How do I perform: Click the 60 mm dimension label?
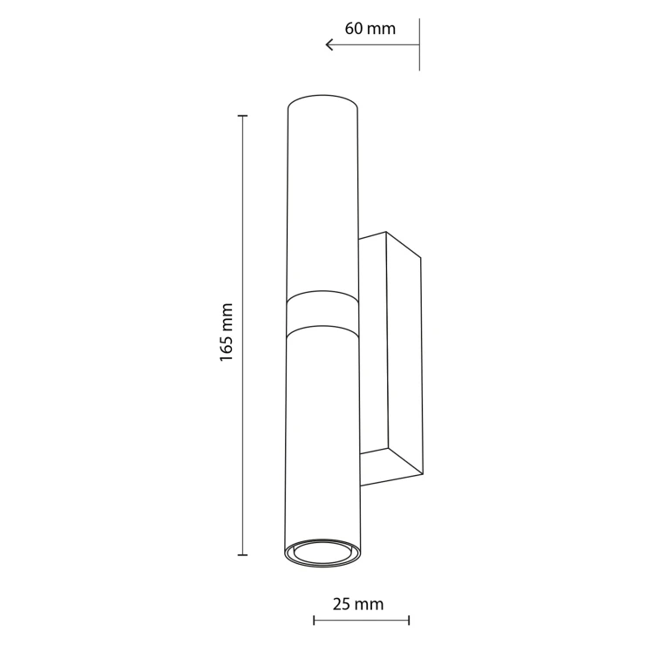click(x=370, y=29)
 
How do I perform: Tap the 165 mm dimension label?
click(x=227, y=332)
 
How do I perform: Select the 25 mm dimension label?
click(x=358, y=604)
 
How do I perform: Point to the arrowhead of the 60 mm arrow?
click(x=329, y=44)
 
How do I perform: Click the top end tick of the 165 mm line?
click(x=242, y=116)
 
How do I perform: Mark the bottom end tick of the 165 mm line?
click(x=242, y=555)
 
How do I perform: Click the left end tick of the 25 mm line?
click(x=314, y=621)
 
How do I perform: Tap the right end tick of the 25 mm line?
click(x=409, y=621)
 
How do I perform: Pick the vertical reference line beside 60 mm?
click(x=419, y=44)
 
